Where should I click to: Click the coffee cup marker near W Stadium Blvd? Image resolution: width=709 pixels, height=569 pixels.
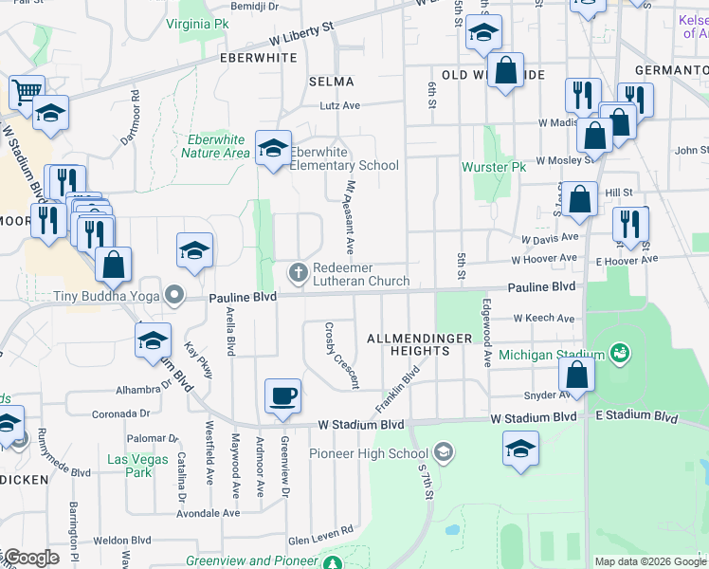[282, 395]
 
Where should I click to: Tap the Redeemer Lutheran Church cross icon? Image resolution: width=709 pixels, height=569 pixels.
[298, 274]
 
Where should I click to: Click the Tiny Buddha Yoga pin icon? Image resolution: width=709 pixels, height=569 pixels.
[173, 297]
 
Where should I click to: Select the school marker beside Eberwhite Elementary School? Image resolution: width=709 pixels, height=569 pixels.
[273, 150]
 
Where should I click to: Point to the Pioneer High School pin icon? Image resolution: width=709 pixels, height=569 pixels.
[443, 453]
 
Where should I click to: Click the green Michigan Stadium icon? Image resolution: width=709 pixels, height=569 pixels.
[621, 355]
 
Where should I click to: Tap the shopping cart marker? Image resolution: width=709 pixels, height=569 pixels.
[27, 93]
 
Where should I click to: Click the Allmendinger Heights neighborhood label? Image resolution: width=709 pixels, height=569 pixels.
[407, 343]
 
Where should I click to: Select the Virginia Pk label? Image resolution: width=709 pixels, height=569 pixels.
[196, 22]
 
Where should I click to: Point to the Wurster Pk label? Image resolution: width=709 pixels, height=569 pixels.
[493, 167]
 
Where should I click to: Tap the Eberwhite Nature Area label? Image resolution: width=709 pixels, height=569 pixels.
[215, 146]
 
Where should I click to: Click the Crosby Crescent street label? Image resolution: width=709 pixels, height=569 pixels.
[341, 356]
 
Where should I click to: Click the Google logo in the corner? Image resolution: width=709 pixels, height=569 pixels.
[30, 558]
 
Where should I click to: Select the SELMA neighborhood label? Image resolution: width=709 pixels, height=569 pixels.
[331, 82]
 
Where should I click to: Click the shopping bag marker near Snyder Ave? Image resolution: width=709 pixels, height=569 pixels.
[576, 375]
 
